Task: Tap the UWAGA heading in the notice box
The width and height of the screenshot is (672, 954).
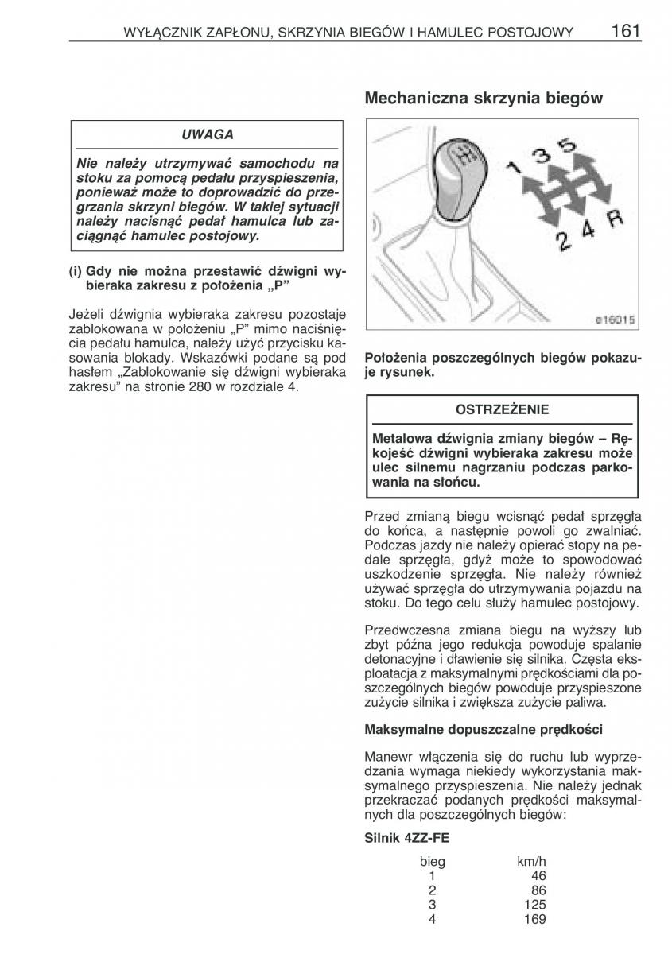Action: pos(207,134)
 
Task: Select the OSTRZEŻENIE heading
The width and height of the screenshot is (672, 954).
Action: pos(502,410)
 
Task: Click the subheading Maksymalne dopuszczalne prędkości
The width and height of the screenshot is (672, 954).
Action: pos(483,728)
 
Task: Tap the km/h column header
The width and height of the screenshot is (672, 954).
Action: pos(531,862)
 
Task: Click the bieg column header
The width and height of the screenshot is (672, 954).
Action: pos(433,862)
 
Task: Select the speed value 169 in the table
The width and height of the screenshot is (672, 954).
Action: pos(536,919)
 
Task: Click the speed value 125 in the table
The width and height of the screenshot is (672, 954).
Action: pos(536,905)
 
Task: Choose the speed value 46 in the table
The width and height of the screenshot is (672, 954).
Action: pos(539,876)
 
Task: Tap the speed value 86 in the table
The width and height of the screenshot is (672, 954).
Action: pos(539,890)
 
